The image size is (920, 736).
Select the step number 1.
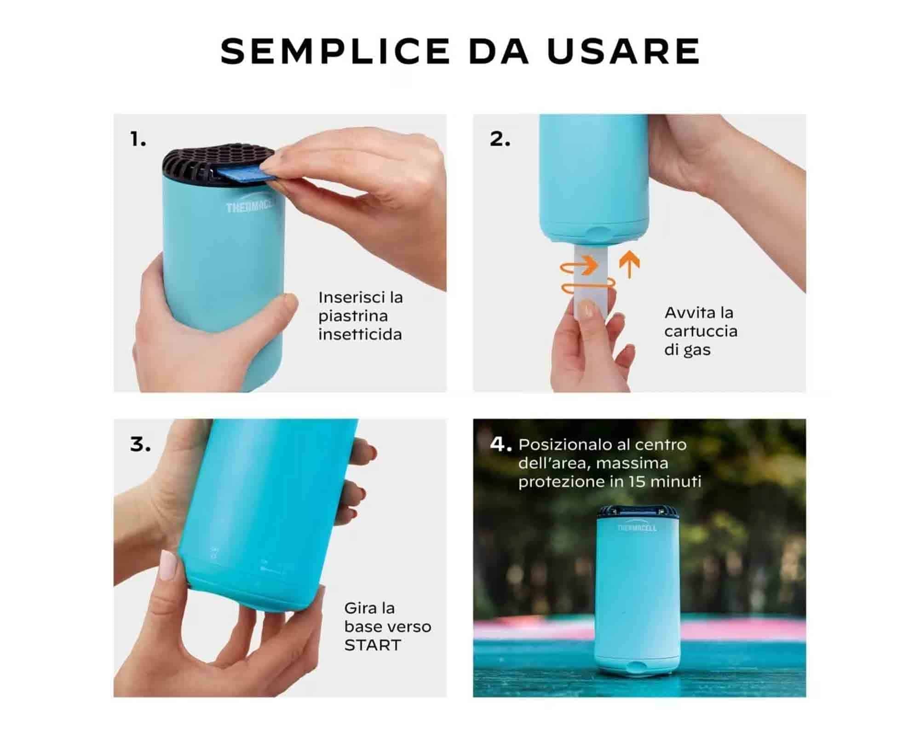click(138, 139)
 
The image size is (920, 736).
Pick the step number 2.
click(500, 139)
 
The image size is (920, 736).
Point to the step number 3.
click(140, 444)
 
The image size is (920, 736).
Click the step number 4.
click(500, 444)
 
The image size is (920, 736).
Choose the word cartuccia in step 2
click(701, 331)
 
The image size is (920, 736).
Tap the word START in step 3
click(373, 645)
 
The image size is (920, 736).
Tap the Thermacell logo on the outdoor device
click(637, 528)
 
